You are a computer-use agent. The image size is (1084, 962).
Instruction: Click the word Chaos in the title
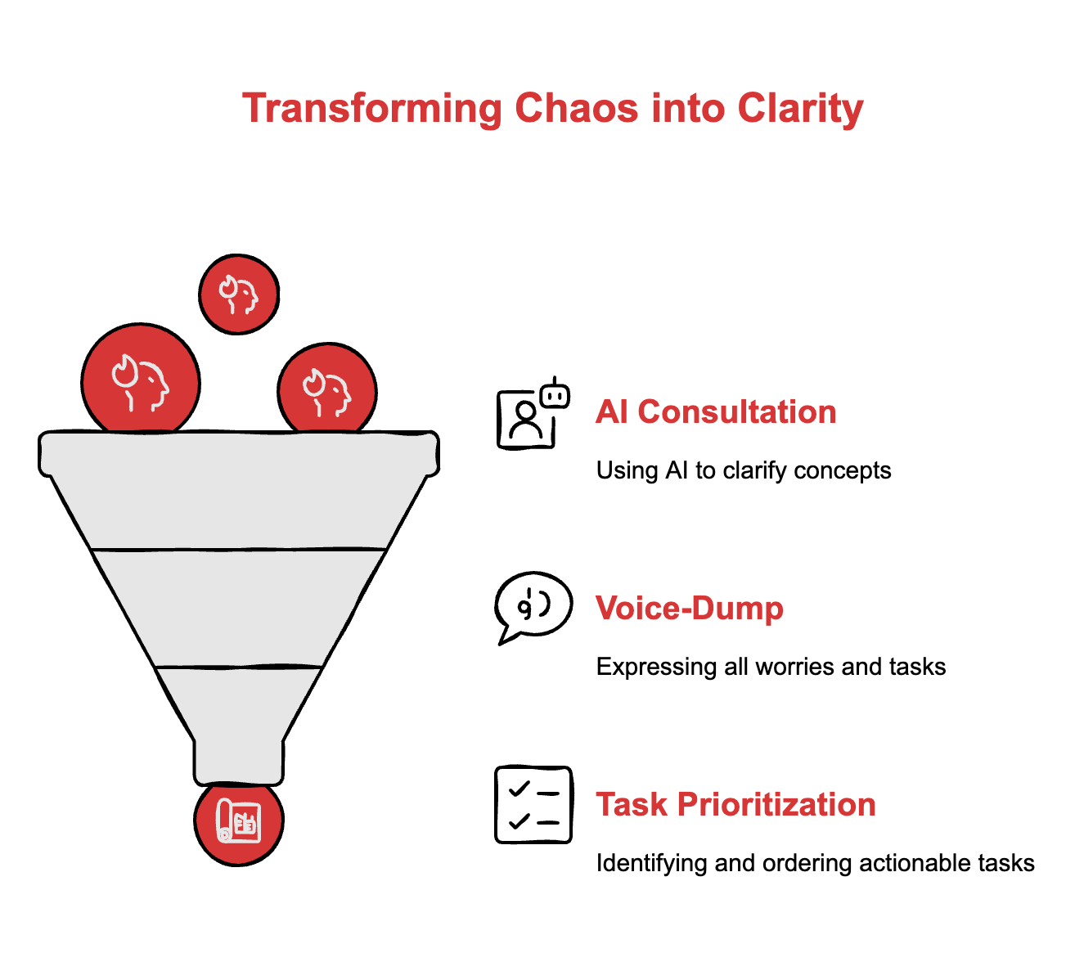[576, 108]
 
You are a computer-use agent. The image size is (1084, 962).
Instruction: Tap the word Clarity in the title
[800, 108]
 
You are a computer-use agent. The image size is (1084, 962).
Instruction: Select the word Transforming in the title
[372, 108]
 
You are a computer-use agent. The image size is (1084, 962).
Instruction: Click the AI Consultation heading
[716, 411]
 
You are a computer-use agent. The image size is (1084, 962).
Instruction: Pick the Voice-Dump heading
[690, 608]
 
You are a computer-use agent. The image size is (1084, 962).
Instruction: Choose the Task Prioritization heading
[735, 804]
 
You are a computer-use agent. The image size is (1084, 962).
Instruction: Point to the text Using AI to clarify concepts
[744, 470]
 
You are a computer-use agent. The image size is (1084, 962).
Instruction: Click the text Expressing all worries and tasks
[771, 667]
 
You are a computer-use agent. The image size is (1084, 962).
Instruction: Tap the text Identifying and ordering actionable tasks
[815, 863]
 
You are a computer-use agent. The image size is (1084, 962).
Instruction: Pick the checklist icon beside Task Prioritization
[533, 804]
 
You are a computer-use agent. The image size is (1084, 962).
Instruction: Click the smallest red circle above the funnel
[239, 294]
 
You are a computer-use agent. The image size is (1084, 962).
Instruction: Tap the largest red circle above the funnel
[141, 382]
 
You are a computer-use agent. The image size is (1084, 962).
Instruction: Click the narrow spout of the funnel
[239, 761]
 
